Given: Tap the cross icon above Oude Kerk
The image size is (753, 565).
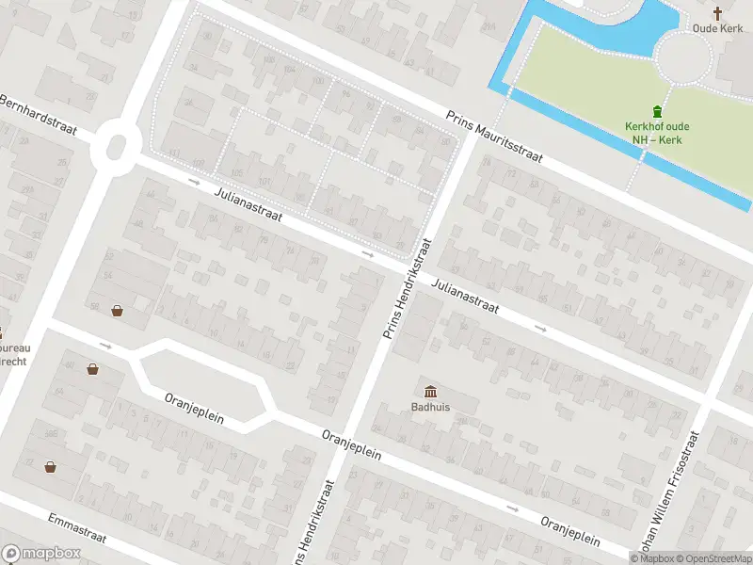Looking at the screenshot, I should tap(718, 12).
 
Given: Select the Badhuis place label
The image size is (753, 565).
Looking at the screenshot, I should tap(429, 408).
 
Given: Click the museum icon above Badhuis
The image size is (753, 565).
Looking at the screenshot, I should tap(430, 391).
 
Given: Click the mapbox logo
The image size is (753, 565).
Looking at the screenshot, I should tap(40, 554).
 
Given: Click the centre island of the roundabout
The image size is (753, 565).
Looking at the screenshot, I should tap(118, 148).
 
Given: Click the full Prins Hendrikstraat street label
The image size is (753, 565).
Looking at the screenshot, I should tap(408, 287).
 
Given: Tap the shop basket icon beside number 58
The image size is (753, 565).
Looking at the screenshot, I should tap(118, 310).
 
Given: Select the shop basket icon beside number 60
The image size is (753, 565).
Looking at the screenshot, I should tap(93, 368).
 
